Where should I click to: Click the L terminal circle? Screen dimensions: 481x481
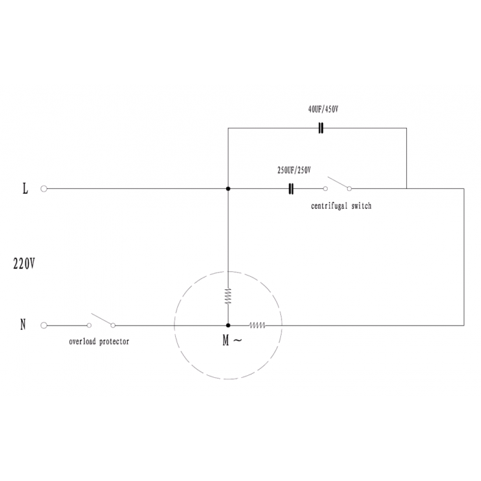tap(44, 189)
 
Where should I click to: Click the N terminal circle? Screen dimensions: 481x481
tap(44, 325)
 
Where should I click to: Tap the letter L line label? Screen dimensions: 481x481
tap(25, 188)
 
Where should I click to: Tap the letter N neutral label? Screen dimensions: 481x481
tap(23, 324)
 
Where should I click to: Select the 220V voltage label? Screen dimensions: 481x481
tap(24, 263)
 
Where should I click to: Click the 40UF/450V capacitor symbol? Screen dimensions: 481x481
tap(321, 128)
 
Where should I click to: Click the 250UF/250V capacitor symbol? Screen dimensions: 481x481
tap(291, 189)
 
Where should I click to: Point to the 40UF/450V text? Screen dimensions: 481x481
tap(324, 109)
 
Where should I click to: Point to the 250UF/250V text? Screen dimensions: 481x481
tap(294, 170)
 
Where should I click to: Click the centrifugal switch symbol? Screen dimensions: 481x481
tap(337, 184)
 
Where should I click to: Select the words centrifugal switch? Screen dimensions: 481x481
tap(341, 206)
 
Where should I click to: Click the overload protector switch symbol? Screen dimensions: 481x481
tap(101, 321)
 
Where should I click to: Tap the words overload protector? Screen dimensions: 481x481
tap(99, 342)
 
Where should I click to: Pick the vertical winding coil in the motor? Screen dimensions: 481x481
tap(228, 296)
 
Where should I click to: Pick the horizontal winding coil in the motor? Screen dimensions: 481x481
tap(258, 325)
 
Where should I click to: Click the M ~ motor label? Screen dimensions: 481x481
tap(232, 340)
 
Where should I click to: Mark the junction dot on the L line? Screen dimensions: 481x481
tap(228, 189)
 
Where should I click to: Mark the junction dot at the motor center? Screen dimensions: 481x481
tap(228, 325)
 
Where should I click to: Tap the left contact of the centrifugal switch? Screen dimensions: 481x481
tap(326, 189)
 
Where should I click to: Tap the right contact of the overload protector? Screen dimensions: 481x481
tap(113, 325)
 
